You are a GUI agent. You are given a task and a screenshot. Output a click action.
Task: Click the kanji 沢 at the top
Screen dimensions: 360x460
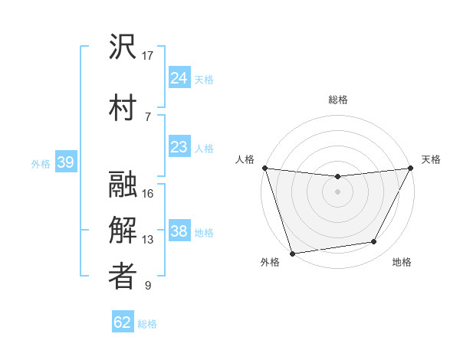click(x=123, y=47)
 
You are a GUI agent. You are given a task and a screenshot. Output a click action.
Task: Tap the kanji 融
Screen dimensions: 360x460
click(x=123, y=185)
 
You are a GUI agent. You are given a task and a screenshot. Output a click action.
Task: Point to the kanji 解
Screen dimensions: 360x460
click(x=123, y=231)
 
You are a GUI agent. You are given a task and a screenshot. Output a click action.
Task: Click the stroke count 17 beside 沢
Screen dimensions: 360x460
click(x=149, y=55)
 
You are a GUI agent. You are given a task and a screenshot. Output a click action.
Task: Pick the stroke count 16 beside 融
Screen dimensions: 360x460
click(x=149, y=194)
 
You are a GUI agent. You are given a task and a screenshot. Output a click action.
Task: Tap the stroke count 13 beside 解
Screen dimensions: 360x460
click(x=149, y=240)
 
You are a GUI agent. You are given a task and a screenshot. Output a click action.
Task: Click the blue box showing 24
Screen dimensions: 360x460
click(x=179, y=77)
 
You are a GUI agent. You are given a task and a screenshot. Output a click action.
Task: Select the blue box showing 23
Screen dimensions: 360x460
click(x=179, y=147)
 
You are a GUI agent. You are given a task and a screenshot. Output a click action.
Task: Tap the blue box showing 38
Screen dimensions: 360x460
click(x=179, y=231)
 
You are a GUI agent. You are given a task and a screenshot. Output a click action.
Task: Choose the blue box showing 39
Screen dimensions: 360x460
click(x=65, y=162)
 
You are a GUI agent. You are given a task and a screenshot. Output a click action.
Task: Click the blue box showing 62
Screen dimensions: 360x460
click(x=123, y=322)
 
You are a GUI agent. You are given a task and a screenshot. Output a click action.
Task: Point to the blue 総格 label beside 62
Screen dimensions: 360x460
click(x=148, y=324)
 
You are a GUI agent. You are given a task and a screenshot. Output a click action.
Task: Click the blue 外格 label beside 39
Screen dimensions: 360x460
click(x=41, y=163)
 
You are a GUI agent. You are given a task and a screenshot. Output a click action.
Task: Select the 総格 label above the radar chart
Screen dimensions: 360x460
click(x=337, y=100)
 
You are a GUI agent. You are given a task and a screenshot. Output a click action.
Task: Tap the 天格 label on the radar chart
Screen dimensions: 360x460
click(x=431, y=160)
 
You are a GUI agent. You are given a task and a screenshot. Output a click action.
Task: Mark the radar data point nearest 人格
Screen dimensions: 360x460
click(x=264, y=168)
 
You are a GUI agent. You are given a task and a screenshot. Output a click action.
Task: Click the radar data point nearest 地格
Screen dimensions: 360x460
click(x=374, y=242)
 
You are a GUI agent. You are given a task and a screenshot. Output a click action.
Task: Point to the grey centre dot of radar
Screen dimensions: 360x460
click(x=337, y=191)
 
